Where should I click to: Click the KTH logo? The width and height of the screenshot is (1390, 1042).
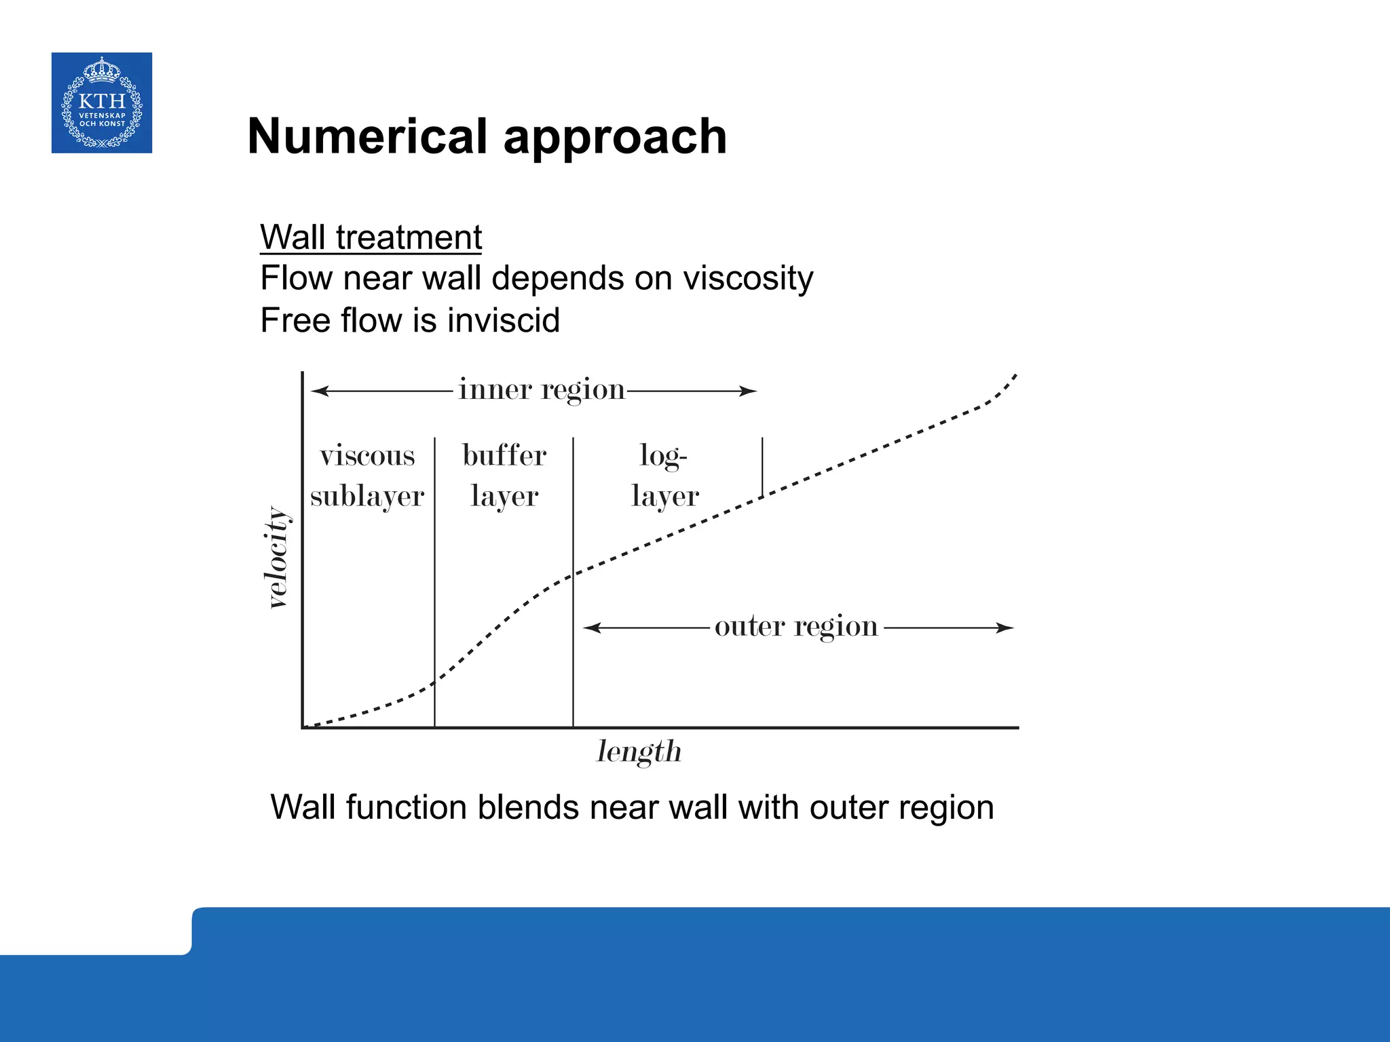pyautogui.click(x=102, y=102)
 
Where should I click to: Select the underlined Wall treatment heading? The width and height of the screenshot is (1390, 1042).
pyautogui.click(x=371, y=237)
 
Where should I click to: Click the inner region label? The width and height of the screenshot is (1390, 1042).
pyautogui.click(x=541, y=390)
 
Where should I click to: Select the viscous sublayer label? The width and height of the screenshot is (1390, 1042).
pyautogui.click(x=367, y=476)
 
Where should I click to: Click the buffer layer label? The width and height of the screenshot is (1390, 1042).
pyautogui.click(x=504, y=476)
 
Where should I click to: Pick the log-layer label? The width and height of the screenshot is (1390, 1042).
pyautogui.click(x=664, y=476)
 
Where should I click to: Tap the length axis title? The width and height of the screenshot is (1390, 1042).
pyautogui.click(x=639, y=752)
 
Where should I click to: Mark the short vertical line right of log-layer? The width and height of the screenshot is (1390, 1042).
pyautogui.click(x=762, y=467)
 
